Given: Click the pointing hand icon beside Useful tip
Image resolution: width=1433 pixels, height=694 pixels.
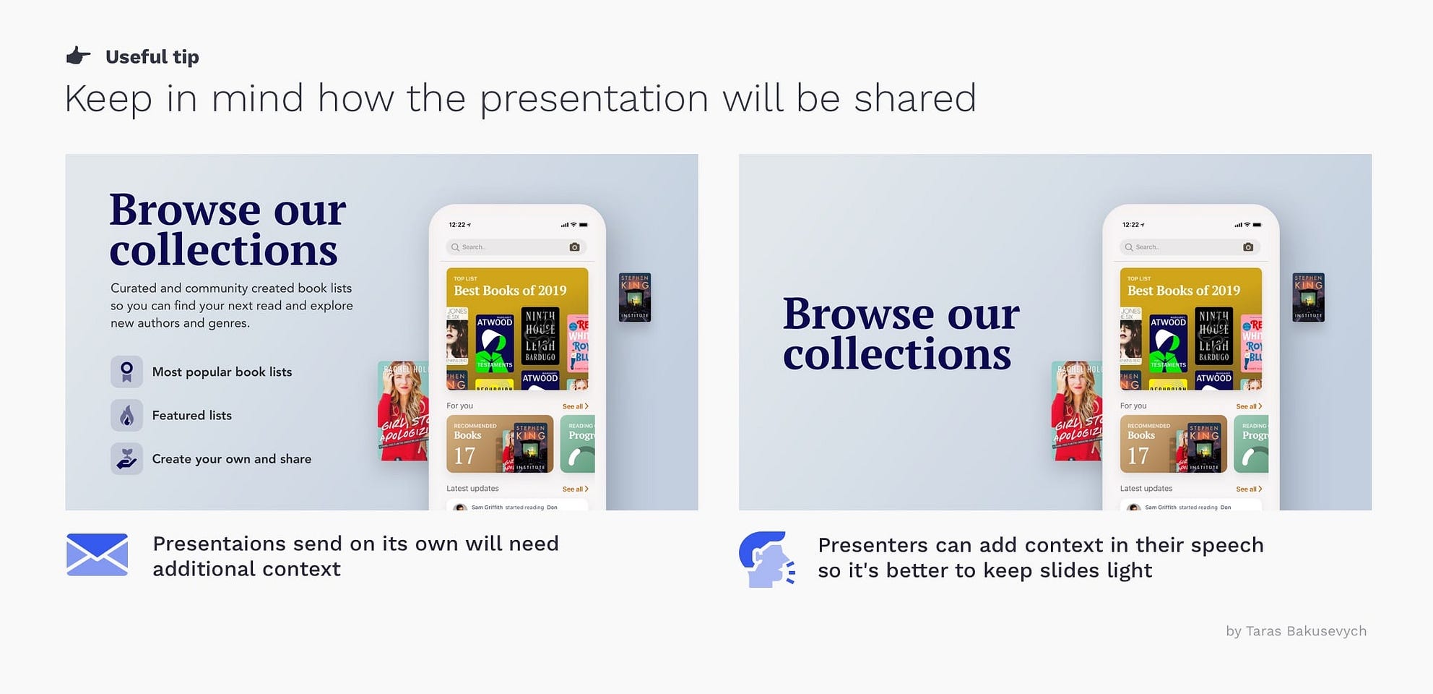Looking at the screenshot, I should (79, 56).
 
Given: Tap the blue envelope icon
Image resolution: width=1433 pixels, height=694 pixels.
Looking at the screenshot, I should (97, 554).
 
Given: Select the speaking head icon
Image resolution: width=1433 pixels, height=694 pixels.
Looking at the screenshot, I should (766, 560).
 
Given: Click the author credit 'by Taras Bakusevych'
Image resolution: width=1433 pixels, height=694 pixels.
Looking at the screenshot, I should (1296, 631).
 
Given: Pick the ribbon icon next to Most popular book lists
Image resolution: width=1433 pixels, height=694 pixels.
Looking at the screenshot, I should (126, 372).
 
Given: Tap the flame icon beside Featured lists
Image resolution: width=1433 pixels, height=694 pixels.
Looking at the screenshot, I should (126, 416).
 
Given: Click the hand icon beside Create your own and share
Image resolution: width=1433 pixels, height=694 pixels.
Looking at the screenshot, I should (126, 459).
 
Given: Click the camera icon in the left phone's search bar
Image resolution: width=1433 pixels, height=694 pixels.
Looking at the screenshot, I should (574, 247).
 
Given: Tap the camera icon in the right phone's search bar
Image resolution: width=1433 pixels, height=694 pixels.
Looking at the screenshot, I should (1248, 247).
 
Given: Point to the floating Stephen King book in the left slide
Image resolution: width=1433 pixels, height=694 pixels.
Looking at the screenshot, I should (635, 297).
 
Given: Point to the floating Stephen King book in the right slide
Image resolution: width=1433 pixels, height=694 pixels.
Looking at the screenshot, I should (1308, 297).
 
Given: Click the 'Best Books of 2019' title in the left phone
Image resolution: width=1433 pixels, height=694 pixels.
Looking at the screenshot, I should (510, 291).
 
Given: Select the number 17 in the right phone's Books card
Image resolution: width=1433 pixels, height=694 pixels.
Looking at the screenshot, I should (1138, 456).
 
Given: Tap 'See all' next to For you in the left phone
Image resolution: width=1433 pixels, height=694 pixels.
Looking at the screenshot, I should (575, 406).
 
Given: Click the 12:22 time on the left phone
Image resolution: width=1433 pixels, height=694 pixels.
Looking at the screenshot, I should (458, 225).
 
